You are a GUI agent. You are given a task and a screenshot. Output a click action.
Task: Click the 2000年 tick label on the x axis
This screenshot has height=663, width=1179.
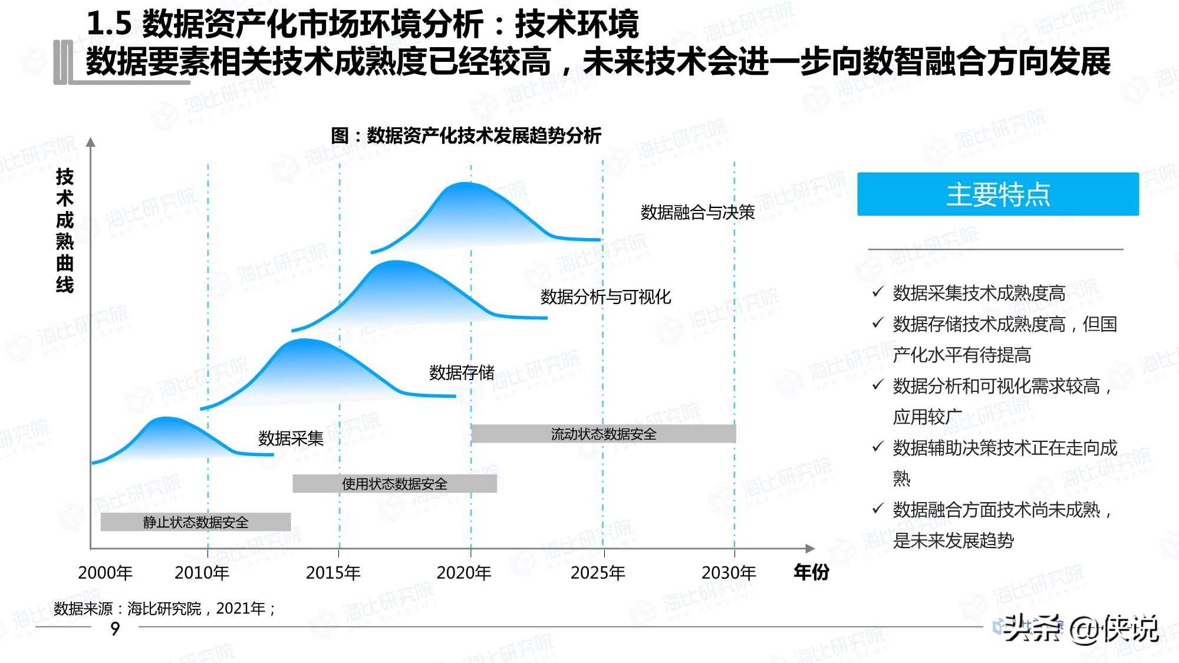click(105, 572)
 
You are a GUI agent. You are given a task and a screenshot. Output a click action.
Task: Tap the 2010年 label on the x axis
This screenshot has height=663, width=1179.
click(202, 572)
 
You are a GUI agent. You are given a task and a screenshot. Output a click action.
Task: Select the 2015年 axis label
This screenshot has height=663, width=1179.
click(333, 572)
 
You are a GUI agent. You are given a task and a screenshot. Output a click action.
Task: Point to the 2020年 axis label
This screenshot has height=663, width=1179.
click(464, 572)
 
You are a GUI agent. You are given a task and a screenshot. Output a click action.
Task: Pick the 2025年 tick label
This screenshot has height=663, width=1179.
click(598, 572)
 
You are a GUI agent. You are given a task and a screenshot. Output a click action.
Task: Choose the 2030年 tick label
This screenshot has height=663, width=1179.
click(729, 572)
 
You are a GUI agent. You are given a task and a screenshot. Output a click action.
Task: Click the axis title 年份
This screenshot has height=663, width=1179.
click(811, 572)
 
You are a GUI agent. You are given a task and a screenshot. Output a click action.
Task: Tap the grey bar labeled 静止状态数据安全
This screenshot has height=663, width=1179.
click(196, 522)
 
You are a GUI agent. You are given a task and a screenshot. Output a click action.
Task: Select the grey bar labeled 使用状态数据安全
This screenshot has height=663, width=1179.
click(394, 484)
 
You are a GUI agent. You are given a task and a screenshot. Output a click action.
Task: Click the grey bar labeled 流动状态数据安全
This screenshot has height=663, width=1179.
click(604, 434)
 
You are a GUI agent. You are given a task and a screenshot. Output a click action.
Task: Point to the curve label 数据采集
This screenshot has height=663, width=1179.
click(291, 438)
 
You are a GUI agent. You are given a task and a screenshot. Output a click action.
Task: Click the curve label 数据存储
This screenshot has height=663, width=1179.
click(462, 372)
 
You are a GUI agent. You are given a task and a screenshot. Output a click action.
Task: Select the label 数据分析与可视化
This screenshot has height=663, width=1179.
click(605, 296)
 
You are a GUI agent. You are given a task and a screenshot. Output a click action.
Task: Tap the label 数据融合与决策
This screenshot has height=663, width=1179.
click(697, 212)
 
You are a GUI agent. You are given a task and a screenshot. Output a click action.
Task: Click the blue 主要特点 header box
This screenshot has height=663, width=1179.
click(997, 194)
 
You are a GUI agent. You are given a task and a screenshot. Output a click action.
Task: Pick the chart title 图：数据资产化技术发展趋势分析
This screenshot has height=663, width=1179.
click(466, 136)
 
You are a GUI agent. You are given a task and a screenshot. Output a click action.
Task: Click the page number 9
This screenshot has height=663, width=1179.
click(115, 628)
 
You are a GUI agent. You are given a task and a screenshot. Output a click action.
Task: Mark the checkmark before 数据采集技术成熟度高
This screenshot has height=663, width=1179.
click(878, 292)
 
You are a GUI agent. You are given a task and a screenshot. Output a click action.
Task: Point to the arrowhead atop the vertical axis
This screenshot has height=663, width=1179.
click(91, 142)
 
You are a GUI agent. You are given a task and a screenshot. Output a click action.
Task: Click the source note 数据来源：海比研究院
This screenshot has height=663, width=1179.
click(164, 608)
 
